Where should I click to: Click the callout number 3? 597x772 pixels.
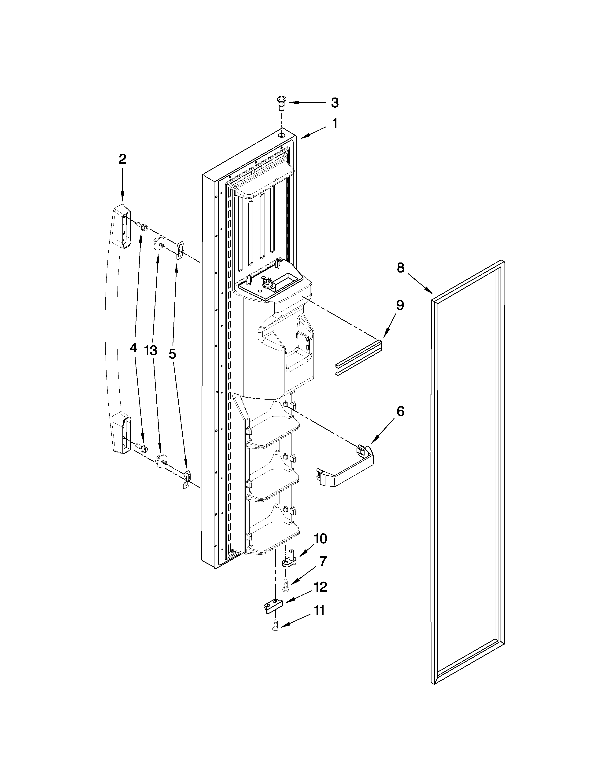click(x=334, y=103)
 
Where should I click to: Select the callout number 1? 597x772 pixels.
click(x=334, y=124)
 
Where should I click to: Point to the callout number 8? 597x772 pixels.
click(x=400, y=268)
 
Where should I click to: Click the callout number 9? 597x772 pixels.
click(x=399, y=305)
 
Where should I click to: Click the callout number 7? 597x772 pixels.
click(x=323, y=561)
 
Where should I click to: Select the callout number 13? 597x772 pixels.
click(x=151, y=351)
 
